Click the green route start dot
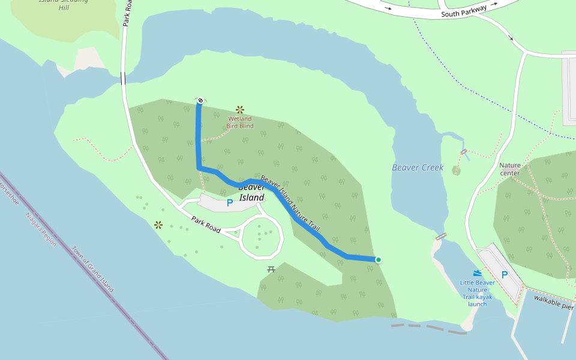pyautogui.click(x=379, y=260)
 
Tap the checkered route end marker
pyautogui.click(x=200, y=100)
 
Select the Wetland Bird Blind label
pyautogui.click(x=240, y=122)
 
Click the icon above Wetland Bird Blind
pyautogui.click(x=240, y=109)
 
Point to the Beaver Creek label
pyautogui.click(x=418, y=167)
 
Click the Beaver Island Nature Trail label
pyautogui.click(x=291, y=205)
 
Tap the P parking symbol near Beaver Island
pyautogui.click(x=229, y=203)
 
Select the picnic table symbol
pyautogui.click(x=271, y=269)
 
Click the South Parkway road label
pyautogui.click(x=463, y=10)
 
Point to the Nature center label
pyautogui.click(x=509, y=169)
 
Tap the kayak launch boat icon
pyautogui.click(x=478, y=273)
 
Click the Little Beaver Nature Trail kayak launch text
pyautogui.click(x=478, y=293)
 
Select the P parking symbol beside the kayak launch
pyautogui.click(x=505, y=275)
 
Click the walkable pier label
pyautogui.click(x=553, y=301)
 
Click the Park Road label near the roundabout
pyautogui.click(x=206, y=225)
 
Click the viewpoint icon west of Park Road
pyautogui.click(x=158, y=225)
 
